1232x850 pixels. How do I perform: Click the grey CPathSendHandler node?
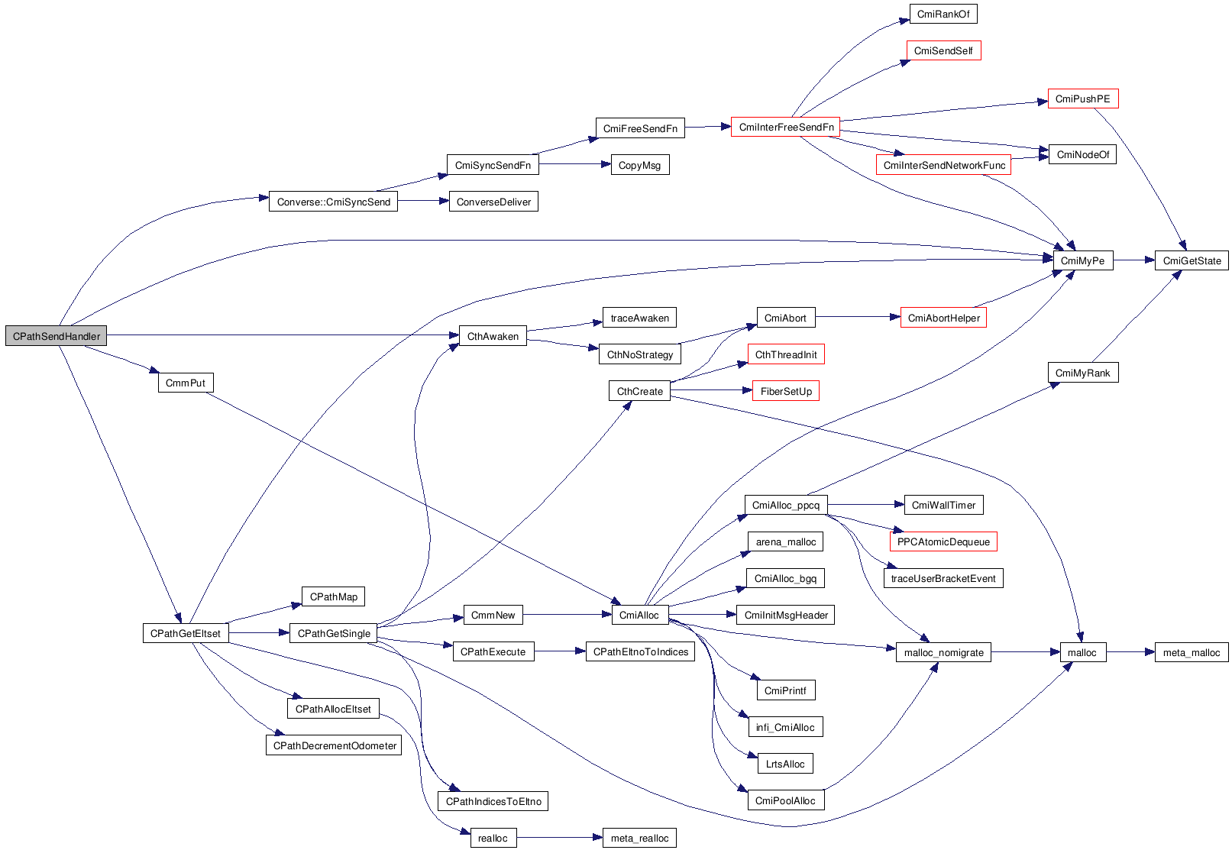click(56, 336)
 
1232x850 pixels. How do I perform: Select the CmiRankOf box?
click(943, 14)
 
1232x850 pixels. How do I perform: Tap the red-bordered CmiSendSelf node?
click(943, 50)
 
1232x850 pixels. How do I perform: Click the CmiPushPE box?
click(1082, 99)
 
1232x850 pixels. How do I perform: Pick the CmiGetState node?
click(1192, 260)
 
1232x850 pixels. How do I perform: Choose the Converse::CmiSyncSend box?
click(333, 202)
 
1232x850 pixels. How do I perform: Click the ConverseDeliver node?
click(493, 202)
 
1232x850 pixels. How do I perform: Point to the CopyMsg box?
click(640, 165)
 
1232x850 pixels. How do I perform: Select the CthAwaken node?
click(493, 336)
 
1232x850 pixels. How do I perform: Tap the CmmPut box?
click(186, 383)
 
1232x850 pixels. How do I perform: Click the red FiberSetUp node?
click(786, 391)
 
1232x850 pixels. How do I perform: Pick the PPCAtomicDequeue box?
click(943, 541)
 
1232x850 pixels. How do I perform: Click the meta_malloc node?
click(1192, 652)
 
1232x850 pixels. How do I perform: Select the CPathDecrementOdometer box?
click(335, 745)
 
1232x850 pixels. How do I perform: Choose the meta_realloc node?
click(639, 838)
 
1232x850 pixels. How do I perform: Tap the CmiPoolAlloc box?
click(785, 800)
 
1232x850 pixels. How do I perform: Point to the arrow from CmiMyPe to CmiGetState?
click(1133, 260)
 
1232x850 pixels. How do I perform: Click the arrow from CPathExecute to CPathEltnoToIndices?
click(559, 651)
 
